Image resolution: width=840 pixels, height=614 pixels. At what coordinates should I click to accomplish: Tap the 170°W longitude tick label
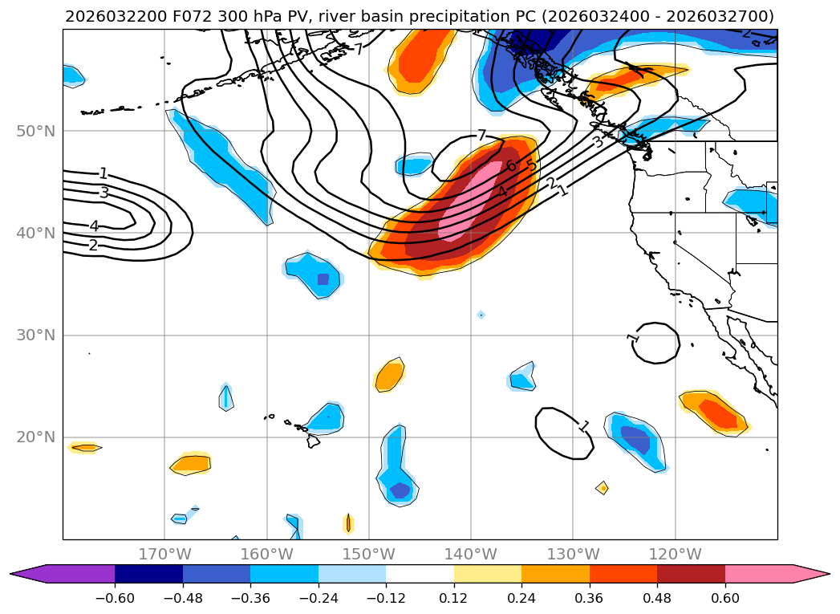164,554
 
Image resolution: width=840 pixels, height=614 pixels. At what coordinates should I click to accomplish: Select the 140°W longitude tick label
470,554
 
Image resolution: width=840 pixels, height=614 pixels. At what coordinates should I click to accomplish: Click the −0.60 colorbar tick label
115,599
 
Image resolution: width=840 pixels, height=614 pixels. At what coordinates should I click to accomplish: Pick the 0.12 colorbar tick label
454,599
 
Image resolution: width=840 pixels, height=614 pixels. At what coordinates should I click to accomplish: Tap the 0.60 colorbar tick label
725,599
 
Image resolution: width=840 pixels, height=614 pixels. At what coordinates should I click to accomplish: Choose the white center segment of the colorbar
420,574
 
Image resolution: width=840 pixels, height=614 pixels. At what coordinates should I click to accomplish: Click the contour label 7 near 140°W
481,135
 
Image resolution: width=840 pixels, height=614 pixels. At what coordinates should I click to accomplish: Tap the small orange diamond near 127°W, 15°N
602,487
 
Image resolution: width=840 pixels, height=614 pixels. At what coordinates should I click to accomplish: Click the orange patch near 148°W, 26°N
389,375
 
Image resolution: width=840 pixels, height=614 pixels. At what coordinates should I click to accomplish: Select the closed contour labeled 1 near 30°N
658,343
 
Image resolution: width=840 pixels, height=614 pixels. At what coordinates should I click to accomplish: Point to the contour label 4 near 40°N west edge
94,226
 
